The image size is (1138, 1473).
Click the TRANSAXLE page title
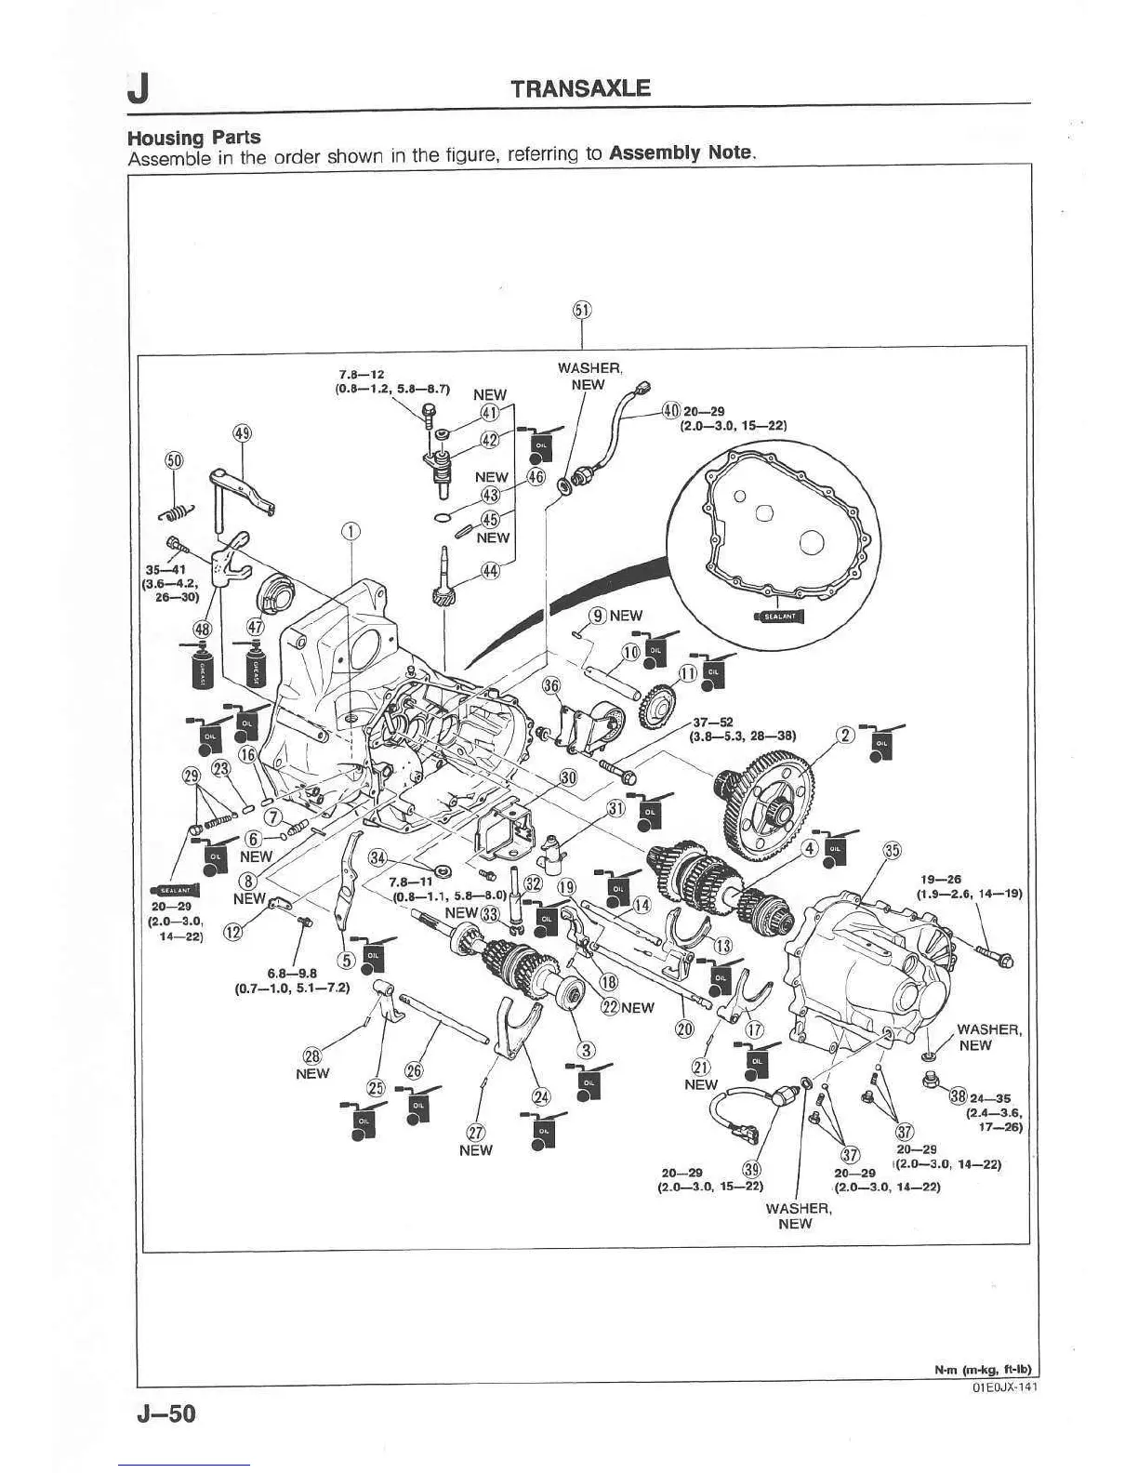click(580, 88)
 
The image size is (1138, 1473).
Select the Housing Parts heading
click(193, 138)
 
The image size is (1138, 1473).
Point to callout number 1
click(350, 532)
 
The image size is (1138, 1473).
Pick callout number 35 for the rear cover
click(892, 850)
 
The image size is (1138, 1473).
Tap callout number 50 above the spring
click(174, 461)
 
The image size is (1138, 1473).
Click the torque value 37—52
click(712, 723)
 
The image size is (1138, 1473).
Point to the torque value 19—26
click(940, 879)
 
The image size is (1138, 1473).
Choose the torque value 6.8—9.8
click(292, 974)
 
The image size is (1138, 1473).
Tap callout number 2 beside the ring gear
click(846, 736)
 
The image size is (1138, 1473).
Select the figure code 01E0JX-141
click(1003, 1387)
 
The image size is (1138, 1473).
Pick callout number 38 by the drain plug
click(959, 1096)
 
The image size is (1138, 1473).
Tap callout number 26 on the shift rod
click(414, 1070)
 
